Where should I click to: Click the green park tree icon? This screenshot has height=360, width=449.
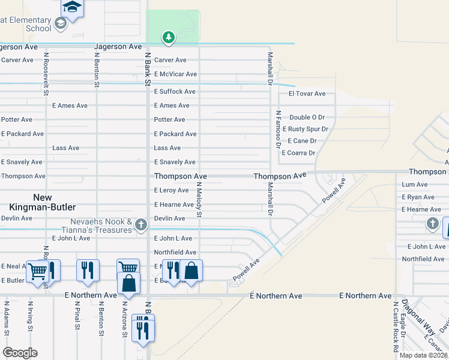click(x=169, y=38)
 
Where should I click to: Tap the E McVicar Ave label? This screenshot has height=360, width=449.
click(x=175, y=74)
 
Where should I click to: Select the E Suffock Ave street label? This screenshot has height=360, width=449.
click(x=175, y=92)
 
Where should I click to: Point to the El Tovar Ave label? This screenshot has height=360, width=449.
click(x=307, y=94)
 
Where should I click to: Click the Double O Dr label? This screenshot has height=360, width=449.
click(x=307, y=118)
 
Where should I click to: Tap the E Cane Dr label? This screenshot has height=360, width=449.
click(x=302, y=141)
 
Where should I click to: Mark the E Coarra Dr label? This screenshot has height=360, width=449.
click(x=298, y=153)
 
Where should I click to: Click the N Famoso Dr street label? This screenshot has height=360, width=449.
click(x=279, y=128)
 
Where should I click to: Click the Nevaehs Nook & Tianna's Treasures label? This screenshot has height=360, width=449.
click(x=97, y=226)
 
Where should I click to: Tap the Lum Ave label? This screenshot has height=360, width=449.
click(x=415, y=185)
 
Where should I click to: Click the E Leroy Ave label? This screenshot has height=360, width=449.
click(x=171, y=191)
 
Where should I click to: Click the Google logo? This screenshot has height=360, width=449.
click(x=20, y=353)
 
